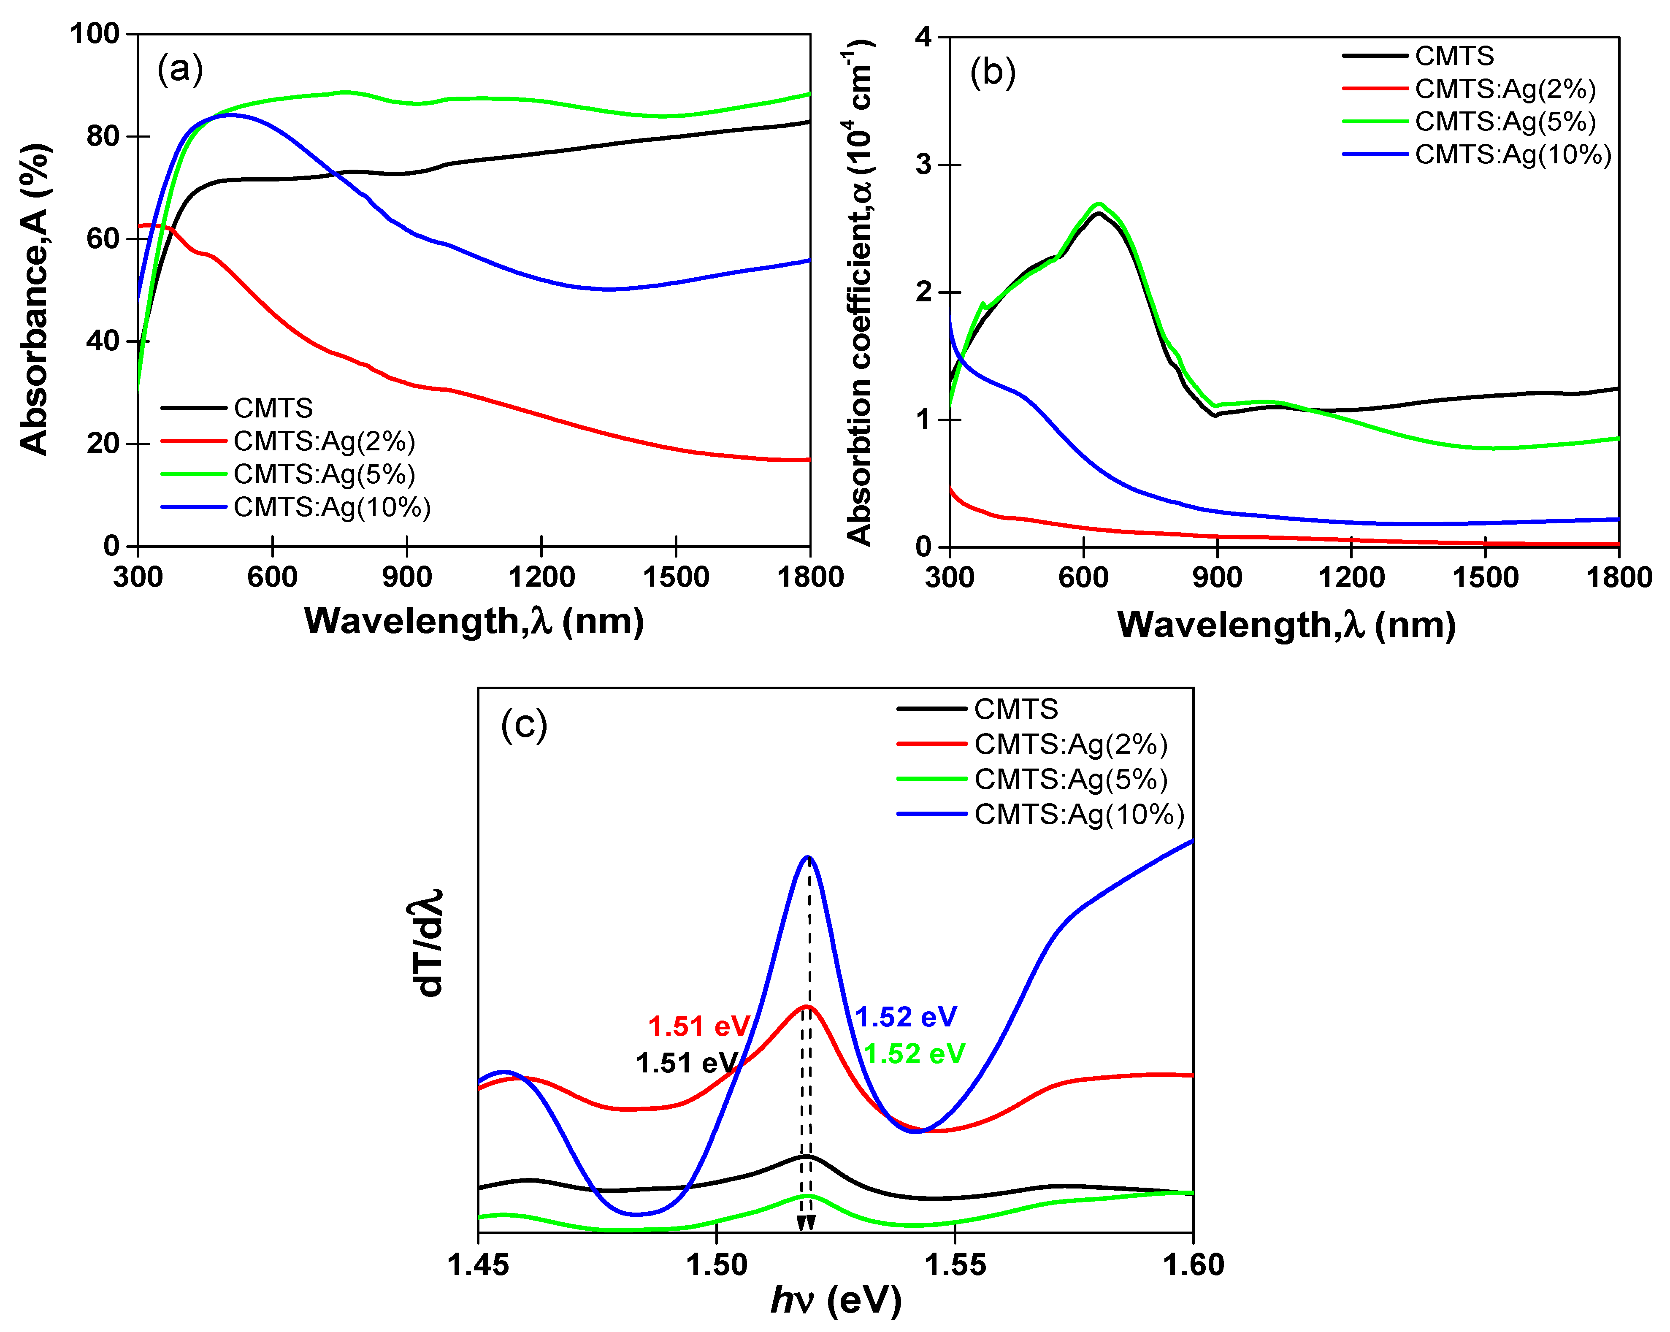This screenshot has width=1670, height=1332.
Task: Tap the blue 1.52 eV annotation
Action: click(906, 1017)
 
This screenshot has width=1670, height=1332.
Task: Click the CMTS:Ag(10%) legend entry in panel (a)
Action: click(332, 507)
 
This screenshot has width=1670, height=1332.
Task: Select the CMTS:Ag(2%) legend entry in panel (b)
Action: click(1505, 89)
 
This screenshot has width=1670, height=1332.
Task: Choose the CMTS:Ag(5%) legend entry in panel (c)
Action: click(1070, 779)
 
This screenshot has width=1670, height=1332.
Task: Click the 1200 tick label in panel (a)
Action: click(541, 577)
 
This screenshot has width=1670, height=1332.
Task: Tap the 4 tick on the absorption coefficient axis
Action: click(923, 37)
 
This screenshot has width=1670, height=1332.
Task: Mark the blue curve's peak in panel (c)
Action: click(808, 857)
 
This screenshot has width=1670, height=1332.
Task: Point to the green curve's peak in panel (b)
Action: click(1099, 204)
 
